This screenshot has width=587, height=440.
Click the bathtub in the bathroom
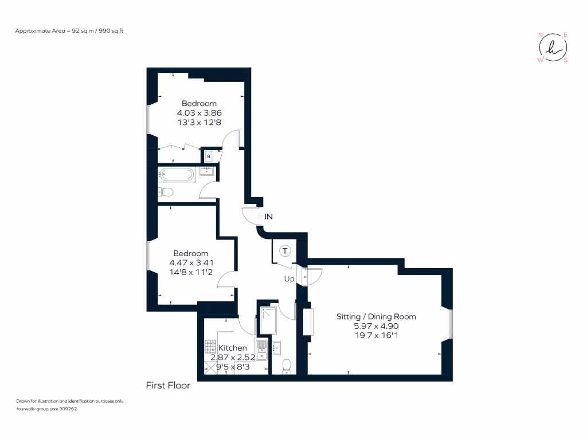pyautogui.click(x=177, y=174)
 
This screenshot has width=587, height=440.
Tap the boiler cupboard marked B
pyautogui.click(x=209, y=156)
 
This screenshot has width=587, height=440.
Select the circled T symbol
pyautogui.click(x=285, y=250)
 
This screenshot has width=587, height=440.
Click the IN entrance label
pyautogui.click(x=269, y=217)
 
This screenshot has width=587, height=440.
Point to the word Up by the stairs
pyautogui.click(x=289, y=279)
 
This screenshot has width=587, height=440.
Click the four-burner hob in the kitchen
pyautogui.click(x=210, y=347)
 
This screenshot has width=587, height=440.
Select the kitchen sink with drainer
pyautogui.click(x=261, y=349)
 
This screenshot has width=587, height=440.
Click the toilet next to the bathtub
pyautogui.click(x=166, y=191)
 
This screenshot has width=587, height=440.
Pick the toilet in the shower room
pyautogui.click(x=287, y=366)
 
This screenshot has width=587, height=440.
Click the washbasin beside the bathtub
pyautogui.click(x=207, y=171)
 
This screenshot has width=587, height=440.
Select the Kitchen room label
pyautogui.click(x=233, y=348)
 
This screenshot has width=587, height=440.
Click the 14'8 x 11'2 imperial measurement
pyautogui.click(x=191, y=272)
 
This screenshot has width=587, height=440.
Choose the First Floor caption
pyautogui.click(x=168, y=386)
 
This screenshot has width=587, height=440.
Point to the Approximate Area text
pyautogui.click(x=69, y=30)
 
